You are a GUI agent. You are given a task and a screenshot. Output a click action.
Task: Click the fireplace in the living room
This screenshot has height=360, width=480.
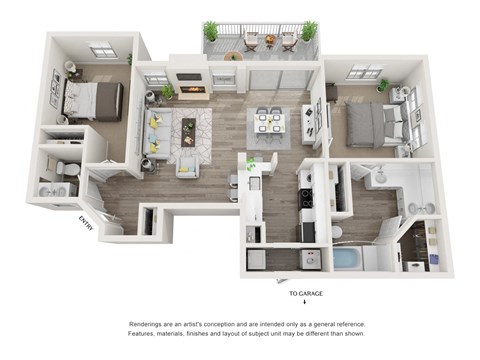click(193, 91)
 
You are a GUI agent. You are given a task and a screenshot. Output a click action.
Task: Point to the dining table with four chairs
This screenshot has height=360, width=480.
click(268, 124)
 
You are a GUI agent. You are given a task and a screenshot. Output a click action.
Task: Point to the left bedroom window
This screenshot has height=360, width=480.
click(102, 50)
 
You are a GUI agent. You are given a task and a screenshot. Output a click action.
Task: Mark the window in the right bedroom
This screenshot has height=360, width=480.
click(365, 72)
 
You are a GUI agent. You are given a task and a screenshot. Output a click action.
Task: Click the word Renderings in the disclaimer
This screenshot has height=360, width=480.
click(146, 325)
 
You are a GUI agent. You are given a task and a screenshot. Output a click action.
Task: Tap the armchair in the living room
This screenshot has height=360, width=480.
click(187, 163)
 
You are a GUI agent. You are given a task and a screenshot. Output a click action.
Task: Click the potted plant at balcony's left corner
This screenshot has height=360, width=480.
click(210, 30)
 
